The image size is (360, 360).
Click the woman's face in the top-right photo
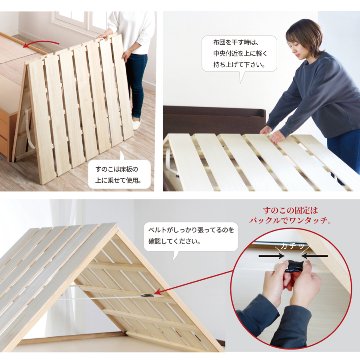click(302, 42)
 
